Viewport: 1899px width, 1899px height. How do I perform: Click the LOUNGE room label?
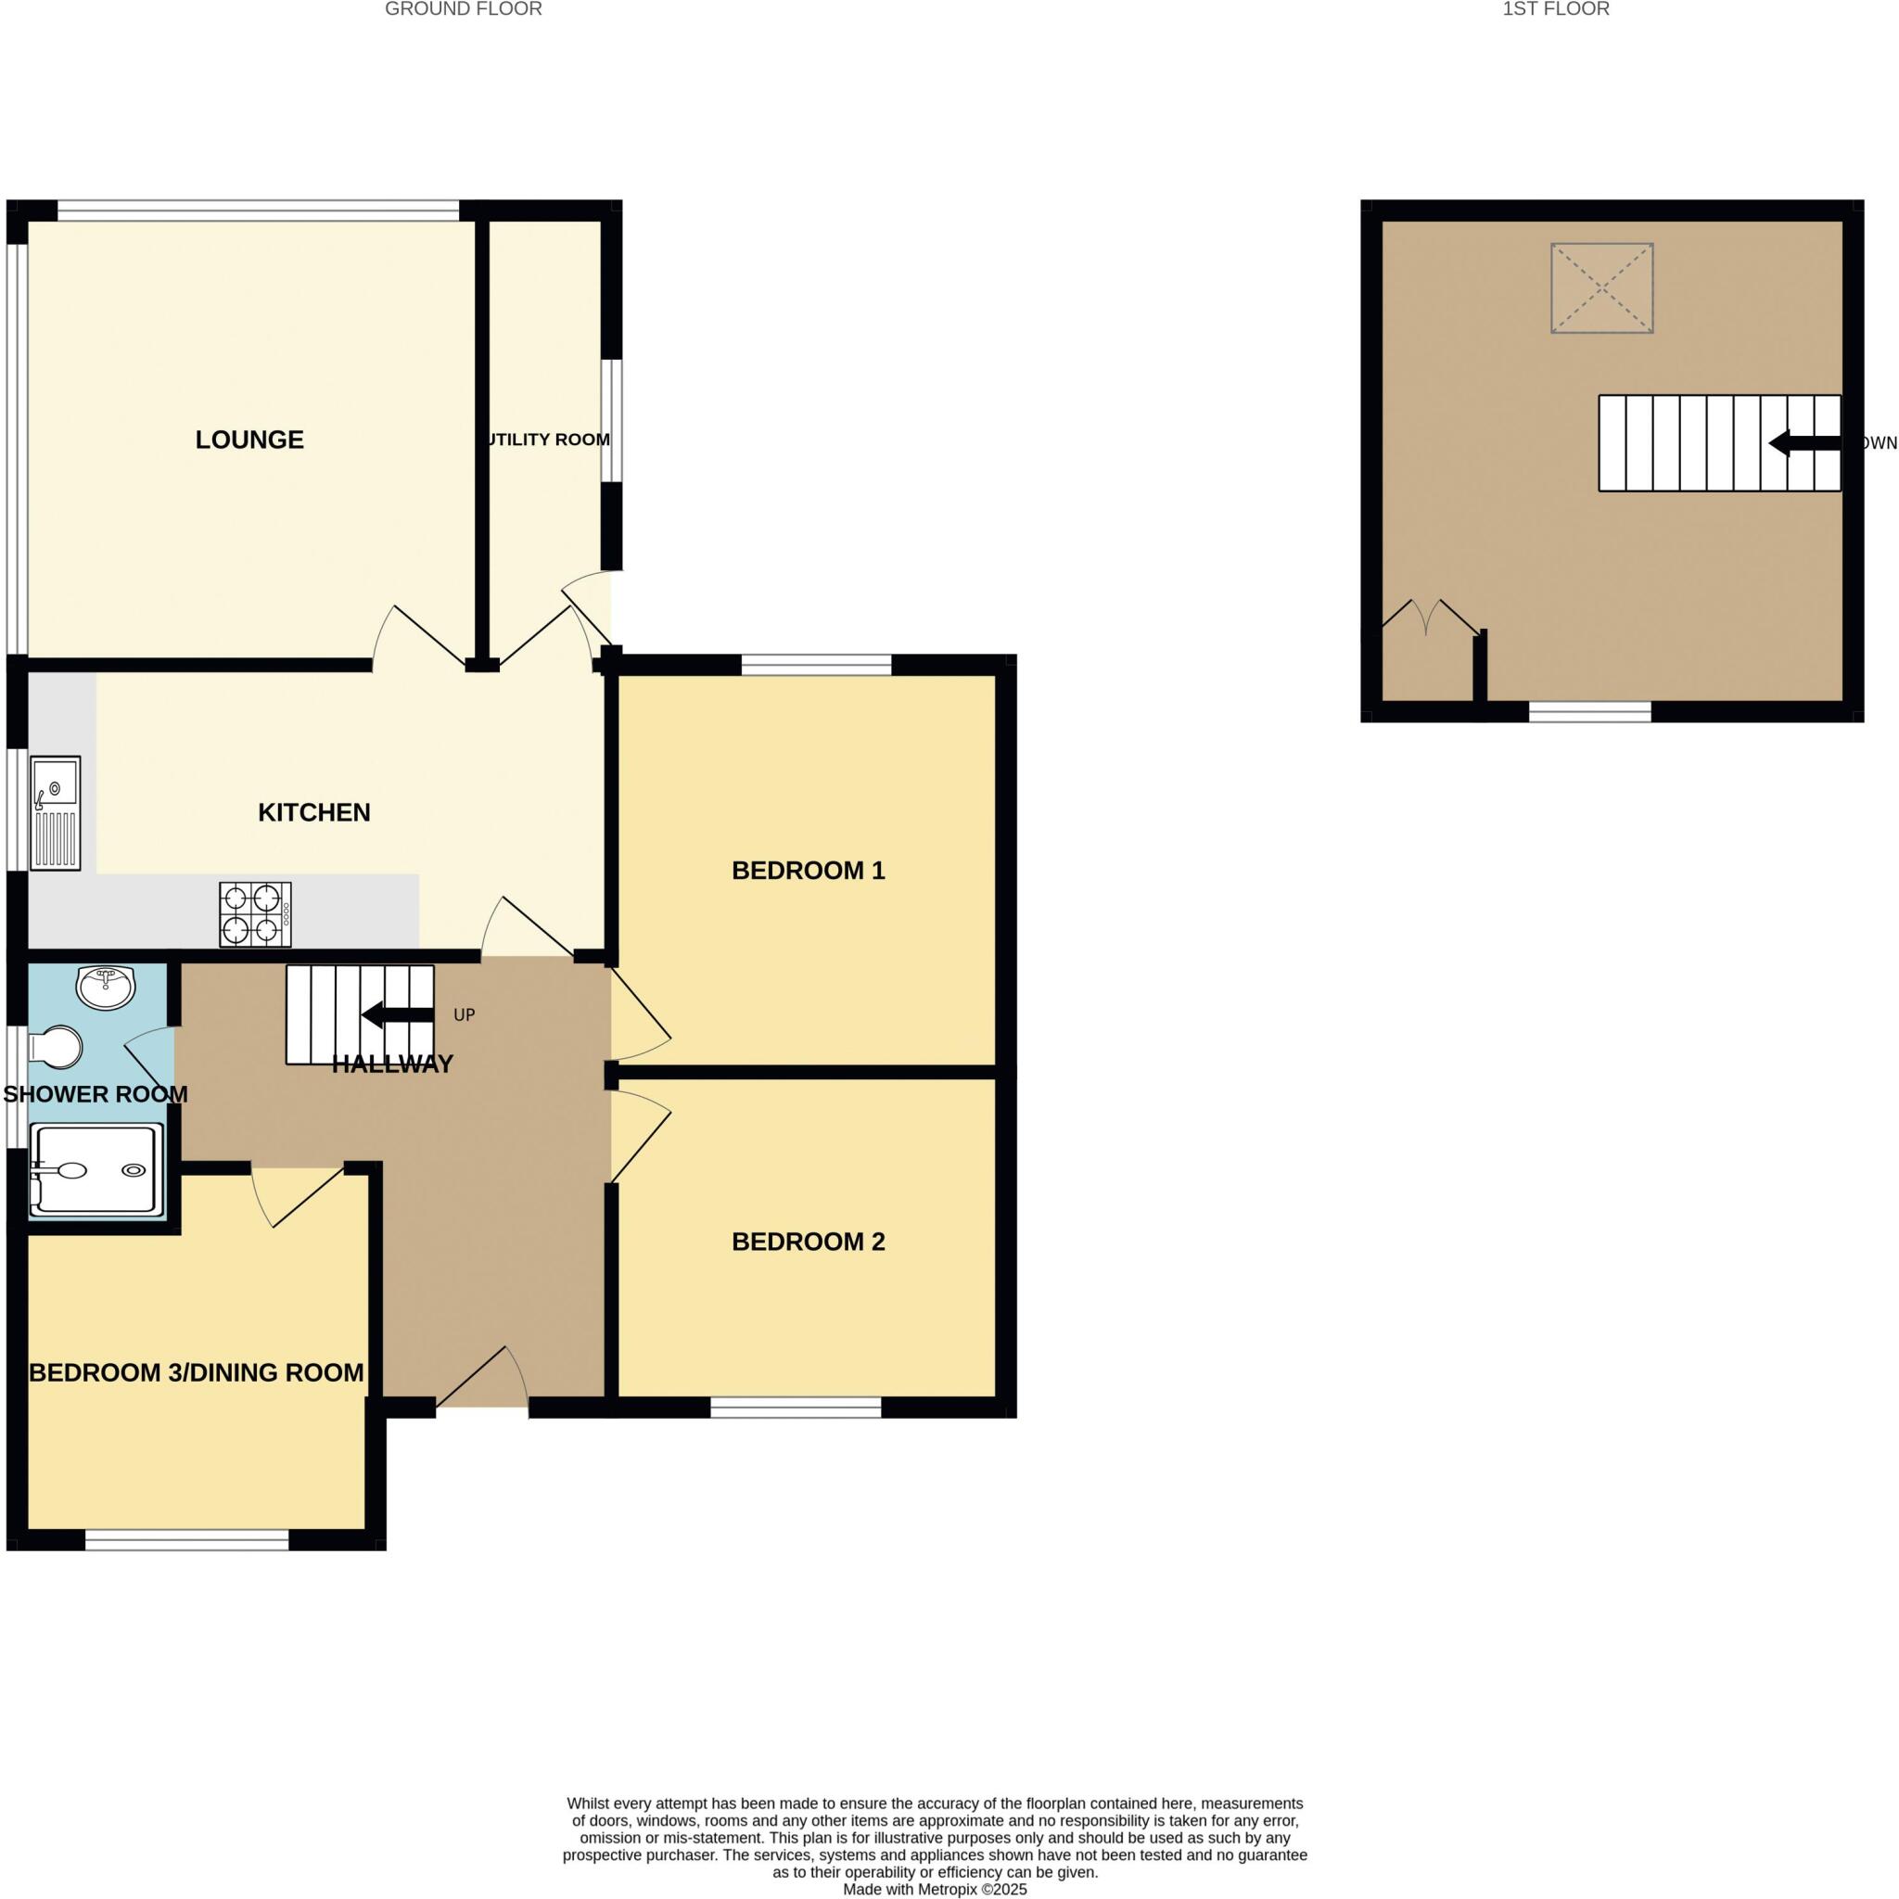point(249,440)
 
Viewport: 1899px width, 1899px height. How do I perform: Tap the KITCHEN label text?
point(313,812)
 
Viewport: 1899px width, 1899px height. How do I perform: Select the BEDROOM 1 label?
point(808,870)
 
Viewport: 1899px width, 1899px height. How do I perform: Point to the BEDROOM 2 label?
point(808,1242)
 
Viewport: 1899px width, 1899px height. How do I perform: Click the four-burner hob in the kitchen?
point(255,914)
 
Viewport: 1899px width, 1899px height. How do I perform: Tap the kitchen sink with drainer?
point(55,813)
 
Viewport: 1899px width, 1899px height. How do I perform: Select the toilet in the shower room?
point(55,1048)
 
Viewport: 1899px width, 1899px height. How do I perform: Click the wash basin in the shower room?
point(106,987)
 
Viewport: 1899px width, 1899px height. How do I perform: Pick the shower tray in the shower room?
point(96,1171)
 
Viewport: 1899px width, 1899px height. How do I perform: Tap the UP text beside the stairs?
point(464,1014)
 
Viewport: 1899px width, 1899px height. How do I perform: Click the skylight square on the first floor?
point(1601,288)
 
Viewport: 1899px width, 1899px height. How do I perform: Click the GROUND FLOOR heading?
point(463,10)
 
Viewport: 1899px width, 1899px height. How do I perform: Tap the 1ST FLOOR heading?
point(1555,10)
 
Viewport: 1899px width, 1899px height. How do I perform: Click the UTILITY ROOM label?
point(547,440)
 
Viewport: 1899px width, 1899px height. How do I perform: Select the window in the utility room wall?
point(611,421)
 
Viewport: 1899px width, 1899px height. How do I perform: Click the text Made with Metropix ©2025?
point(935,1888)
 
